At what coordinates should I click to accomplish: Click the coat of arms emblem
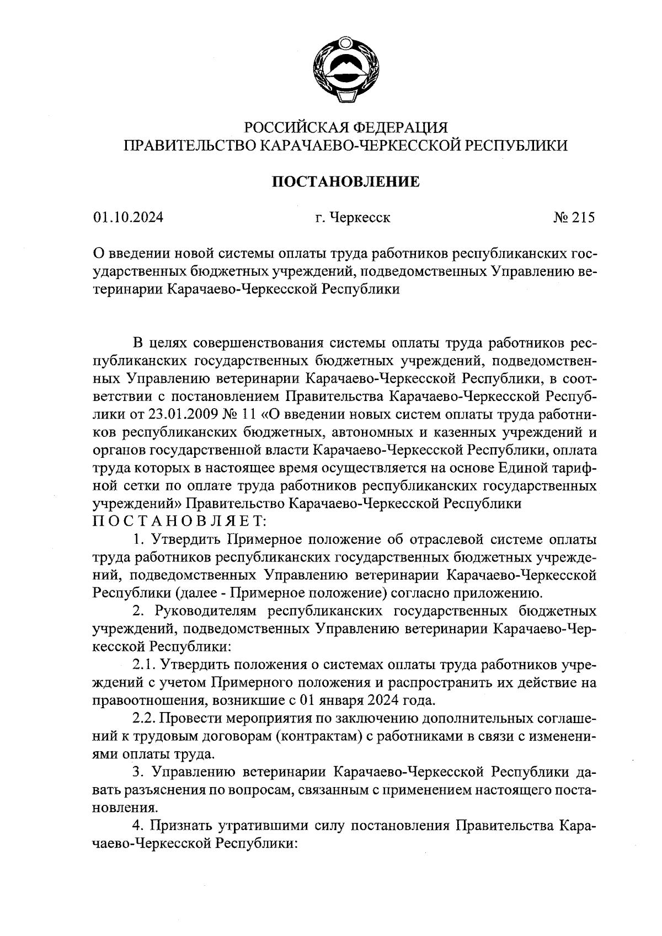[346, 69]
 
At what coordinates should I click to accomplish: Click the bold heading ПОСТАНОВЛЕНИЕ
[346, 181]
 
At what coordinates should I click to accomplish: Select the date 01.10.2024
[129, 218]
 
